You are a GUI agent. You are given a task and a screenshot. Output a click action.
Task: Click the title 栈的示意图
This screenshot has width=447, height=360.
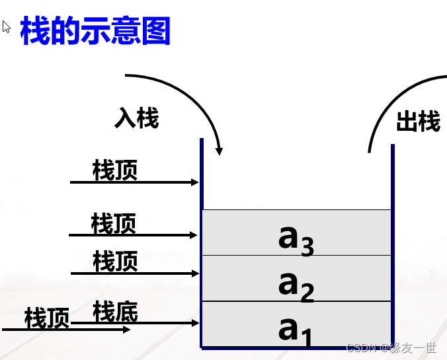pyautogui.click(x=95, y=30)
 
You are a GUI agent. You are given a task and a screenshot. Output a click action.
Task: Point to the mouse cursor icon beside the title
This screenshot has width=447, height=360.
pyautogui.click(x=7, y=27)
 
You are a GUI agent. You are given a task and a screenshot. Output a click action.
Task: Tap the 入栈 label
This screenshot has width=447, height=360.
pyautogui.click(x=137, y=118)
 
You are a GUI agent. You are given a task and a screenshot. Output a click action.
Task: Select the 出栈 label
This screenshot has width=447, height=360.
pyautogui.click(x=418, y=122)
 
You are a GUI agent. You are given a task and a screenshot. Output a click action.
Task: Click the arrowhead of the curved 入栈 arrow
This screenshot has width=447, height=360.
pyautogui.click(x=220, y=151)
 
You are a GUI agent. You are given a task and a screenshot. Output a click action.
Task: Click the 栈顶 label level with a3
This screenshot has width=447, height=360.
pyautogui.click(x=114, y=223)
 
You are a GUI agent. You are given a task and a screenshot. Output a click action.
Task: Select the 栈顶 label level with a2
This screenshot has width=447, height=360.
pyautogui.click(x=116, y=261)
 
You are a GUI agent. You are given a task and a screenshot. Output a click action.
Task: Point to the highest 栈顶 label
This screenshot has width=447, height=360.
pyautogui.click(x=116, y=170)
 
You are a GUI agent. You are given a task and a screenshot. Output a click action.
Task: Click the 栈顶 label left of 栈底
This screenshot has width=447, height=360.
pyautogui.click(x=47, y=318)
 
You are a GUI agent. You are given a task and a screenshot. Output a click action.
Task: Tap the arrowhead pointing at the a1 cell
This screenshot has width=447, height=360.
pyautogui.click(x=194, y=323)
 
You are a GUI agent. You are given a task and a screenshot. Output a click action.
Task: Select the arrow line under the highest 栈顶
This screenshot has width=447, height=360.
pyautogui.click(x=132, y=182)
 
